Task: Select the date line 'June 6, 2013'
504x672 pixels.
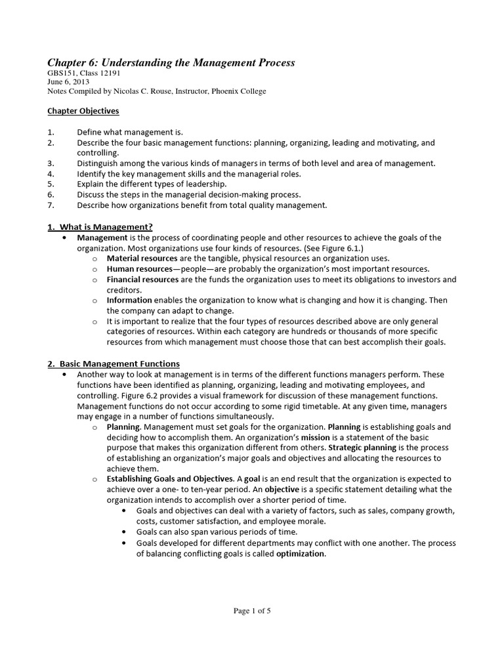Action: [68, 82]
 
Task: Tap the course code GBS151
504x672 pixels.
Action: [61, 73]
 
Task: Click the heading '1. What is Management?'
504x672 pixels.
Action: [100, 227]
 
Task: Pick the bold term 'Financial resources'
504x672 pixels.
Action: [142, 280]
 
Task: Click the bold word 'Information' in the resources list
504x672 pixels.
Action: [129, 300]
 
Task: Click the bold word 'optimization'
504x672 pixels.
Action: [300, 553]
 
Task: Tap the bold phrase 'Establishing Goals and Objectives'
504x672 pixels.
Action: [170, 479]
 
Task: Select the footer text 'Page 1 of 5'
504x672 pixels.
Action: [252, 611]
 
